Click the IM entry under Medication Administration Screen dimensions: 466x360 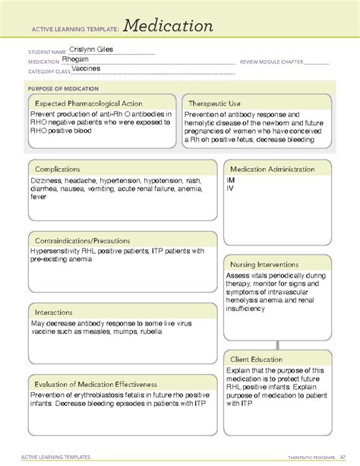230,180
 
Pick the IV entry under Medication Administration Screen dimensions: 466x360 230,188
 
